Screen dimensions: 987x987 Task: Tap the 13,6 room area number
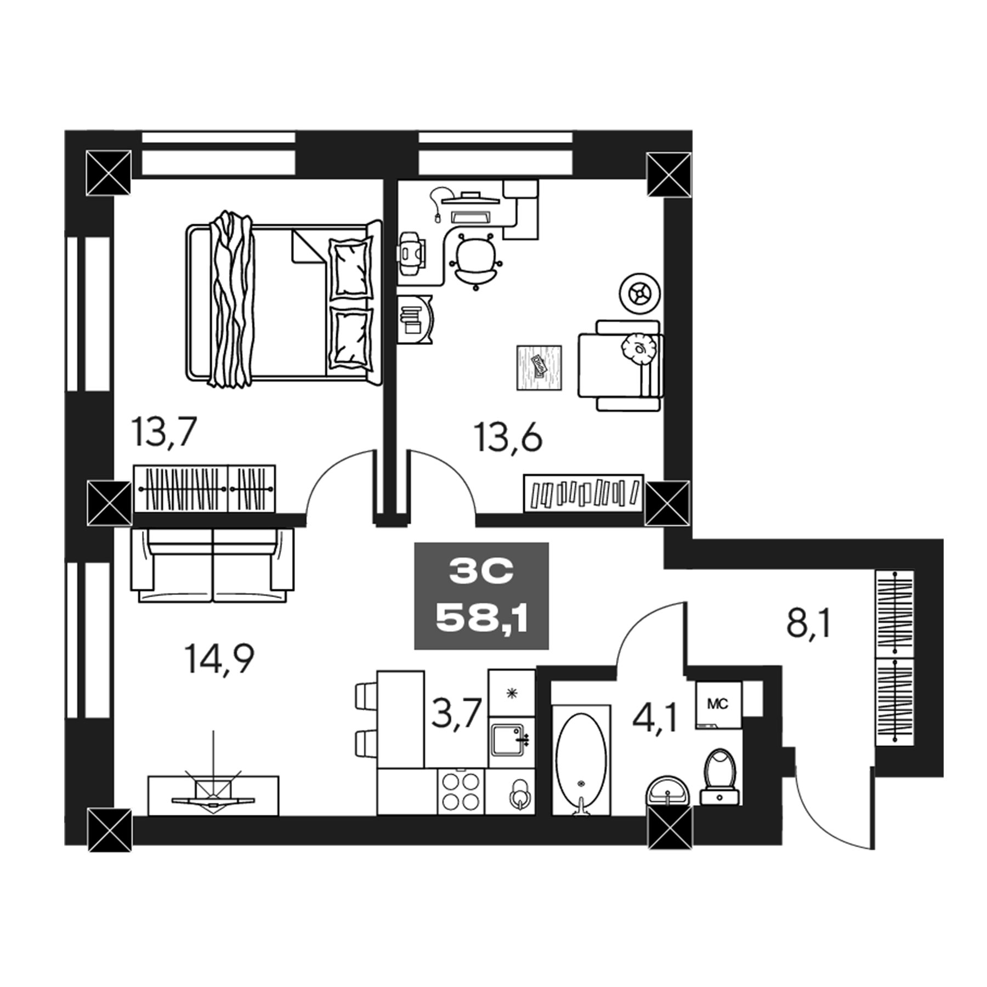508,438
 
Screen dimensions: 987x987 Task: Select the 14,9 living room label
219,659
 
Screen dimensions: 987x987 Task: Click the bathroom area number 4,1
655,718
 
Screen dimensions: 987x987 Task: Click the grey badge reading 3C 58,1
481,596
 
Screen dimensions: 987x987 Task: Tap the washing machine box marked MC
718,704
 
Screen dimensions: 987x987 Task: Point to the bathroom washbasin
666,791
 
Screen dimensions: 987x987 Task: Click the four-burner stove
461,791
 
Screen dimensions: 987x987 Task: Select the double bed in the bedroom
282,302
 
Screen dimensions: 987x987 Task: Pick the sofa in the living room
212,565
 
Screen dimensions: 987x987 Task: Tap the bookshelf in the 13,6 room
583,492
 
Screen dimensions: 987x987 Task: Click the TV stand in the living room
213,795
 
